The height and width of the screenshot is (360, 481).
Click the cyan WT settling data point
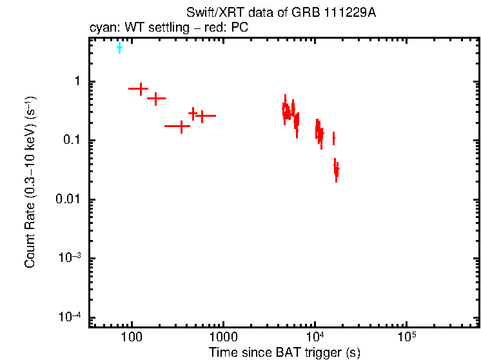pos(119,48)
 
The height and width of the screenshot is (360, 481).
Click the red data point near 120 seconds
pos(139,88)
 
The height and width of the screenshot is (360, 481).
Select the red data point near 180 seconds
pos(156,99)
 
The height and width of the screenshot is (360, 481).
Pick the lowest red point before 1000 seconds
pos(181,126)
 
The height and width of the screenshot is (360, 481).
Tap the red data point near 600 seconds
pos(203,116)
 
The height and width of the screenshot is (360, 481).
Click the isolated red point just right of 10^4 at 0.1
pos(333,138)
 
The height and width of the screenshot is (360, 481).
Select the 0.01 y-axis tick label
pos(68,199)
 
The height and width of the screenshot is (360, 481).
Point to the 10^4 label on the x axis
pos(315,337)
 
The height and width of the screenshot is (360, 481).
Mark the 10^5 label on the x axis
pos(406,337)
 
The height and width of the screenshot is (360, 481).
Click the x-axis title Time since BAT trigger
pos(284,352)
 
